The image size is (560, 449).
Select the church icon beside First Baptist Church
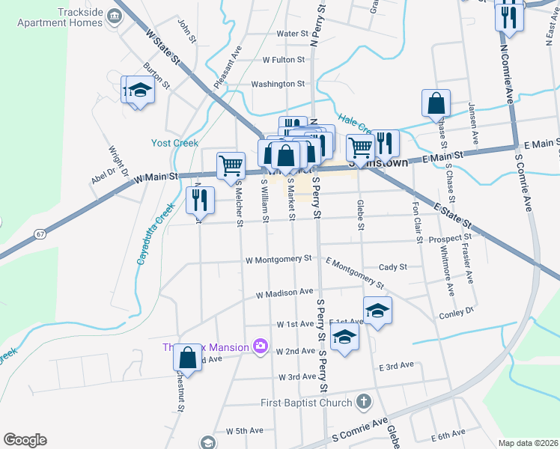pos(364,402)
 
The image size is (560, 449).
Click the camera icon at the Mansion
pos(261,346)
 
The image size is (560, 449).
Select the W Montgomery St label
pos(278,259)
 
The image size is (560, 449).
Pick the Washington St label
pos(278,85)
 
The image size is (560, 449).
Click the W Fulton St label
pos(284,59)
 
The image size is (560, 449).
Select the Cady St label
pos(393,266)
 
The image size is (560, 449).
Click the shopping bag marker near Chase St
pos(436,104)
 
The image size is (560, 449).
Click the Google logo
pos(25,440)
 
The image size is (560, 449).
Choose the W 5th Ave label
pos(245,431)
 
